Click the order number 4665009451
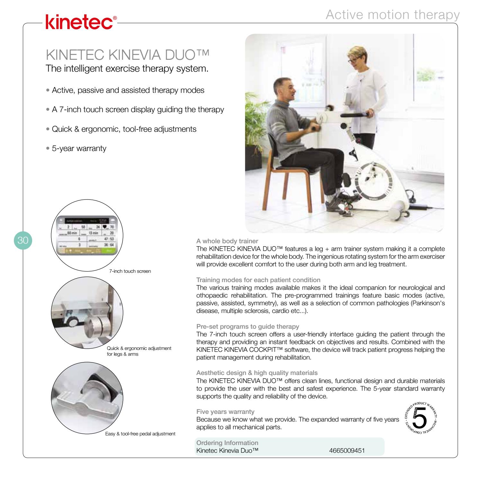tap(347, 450)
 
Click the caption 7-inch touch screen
tap(130, 271)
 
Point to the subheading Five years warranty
tap(225, 412)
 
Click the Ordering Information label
tap(227, 443)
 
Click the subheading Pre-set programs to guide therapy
tap(247, 327)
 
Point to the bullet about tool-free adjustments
tap(121, 129)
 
